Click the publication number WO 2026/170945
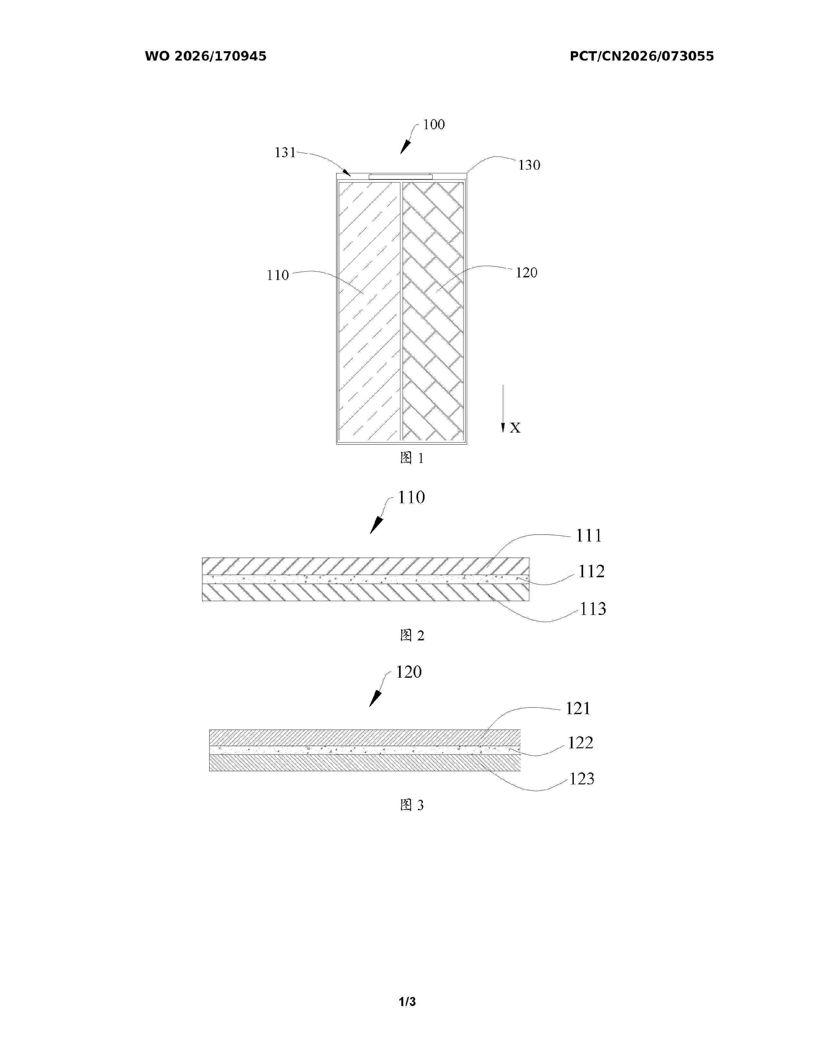pyautogui.click(x=206, y=56)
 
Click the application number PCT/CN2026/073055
pyautogui.click(x=642, y=56)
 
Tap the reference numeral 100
pyautogui.click(x=433, y=125)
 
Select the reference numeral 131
pyautogui.click(x=285, y=153)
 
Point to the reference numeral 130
pyautogui.click(x=529, y=166)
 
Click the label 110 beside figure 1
pyautogui.click(x=278, y=275)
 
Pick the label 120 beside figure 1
pyautogui.click(x=526, y=273)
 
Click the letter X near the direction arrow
pyautogui.click(x=515, y=428)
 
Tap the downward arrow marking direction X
pyautogui.click(x=503, y=408)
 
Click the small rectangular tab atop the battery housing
pyautogui.click(x=400, y=176)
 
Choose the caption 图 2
pyautogui.click(x=412, y=635)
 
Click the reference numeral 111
pyautogui.click(x=589, y=536)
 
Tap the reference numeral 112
pyautogui.click(x=591, y=571)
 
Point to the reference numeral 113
pyautogui.click(x=592, y=609)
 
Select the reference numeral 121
pyautogui.click(x=578, y=709)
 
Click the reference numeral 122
pyautogui.click(x=581, y=743)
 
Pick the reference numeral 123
pyautogui.click(x=582, y=779)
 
